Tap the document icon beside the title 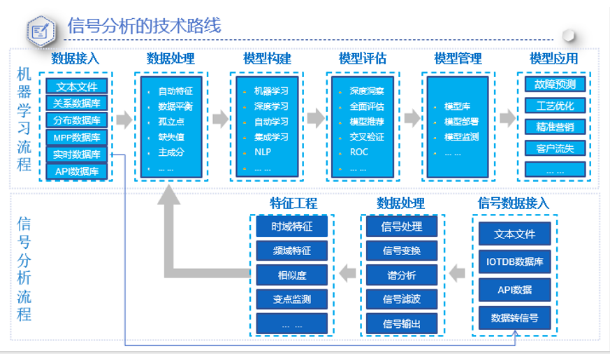40,30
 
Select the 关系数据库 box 77,103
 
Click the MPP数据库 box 77,137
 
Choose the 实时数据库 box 77,154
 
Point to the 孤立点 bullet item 171,121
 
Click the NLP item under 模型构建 262,152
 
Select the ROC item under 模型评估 358,152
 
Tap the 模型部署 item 461,122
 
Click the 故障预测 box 555,85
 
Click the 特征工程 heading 293,203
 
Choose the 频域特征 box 292,250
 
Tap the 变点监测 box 292,299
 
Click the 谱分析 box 401,274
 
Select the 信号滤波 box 401,299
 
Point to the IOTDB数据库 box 514,263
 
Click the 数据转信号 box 514,318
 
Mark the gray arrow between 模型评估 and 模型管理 411,119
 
